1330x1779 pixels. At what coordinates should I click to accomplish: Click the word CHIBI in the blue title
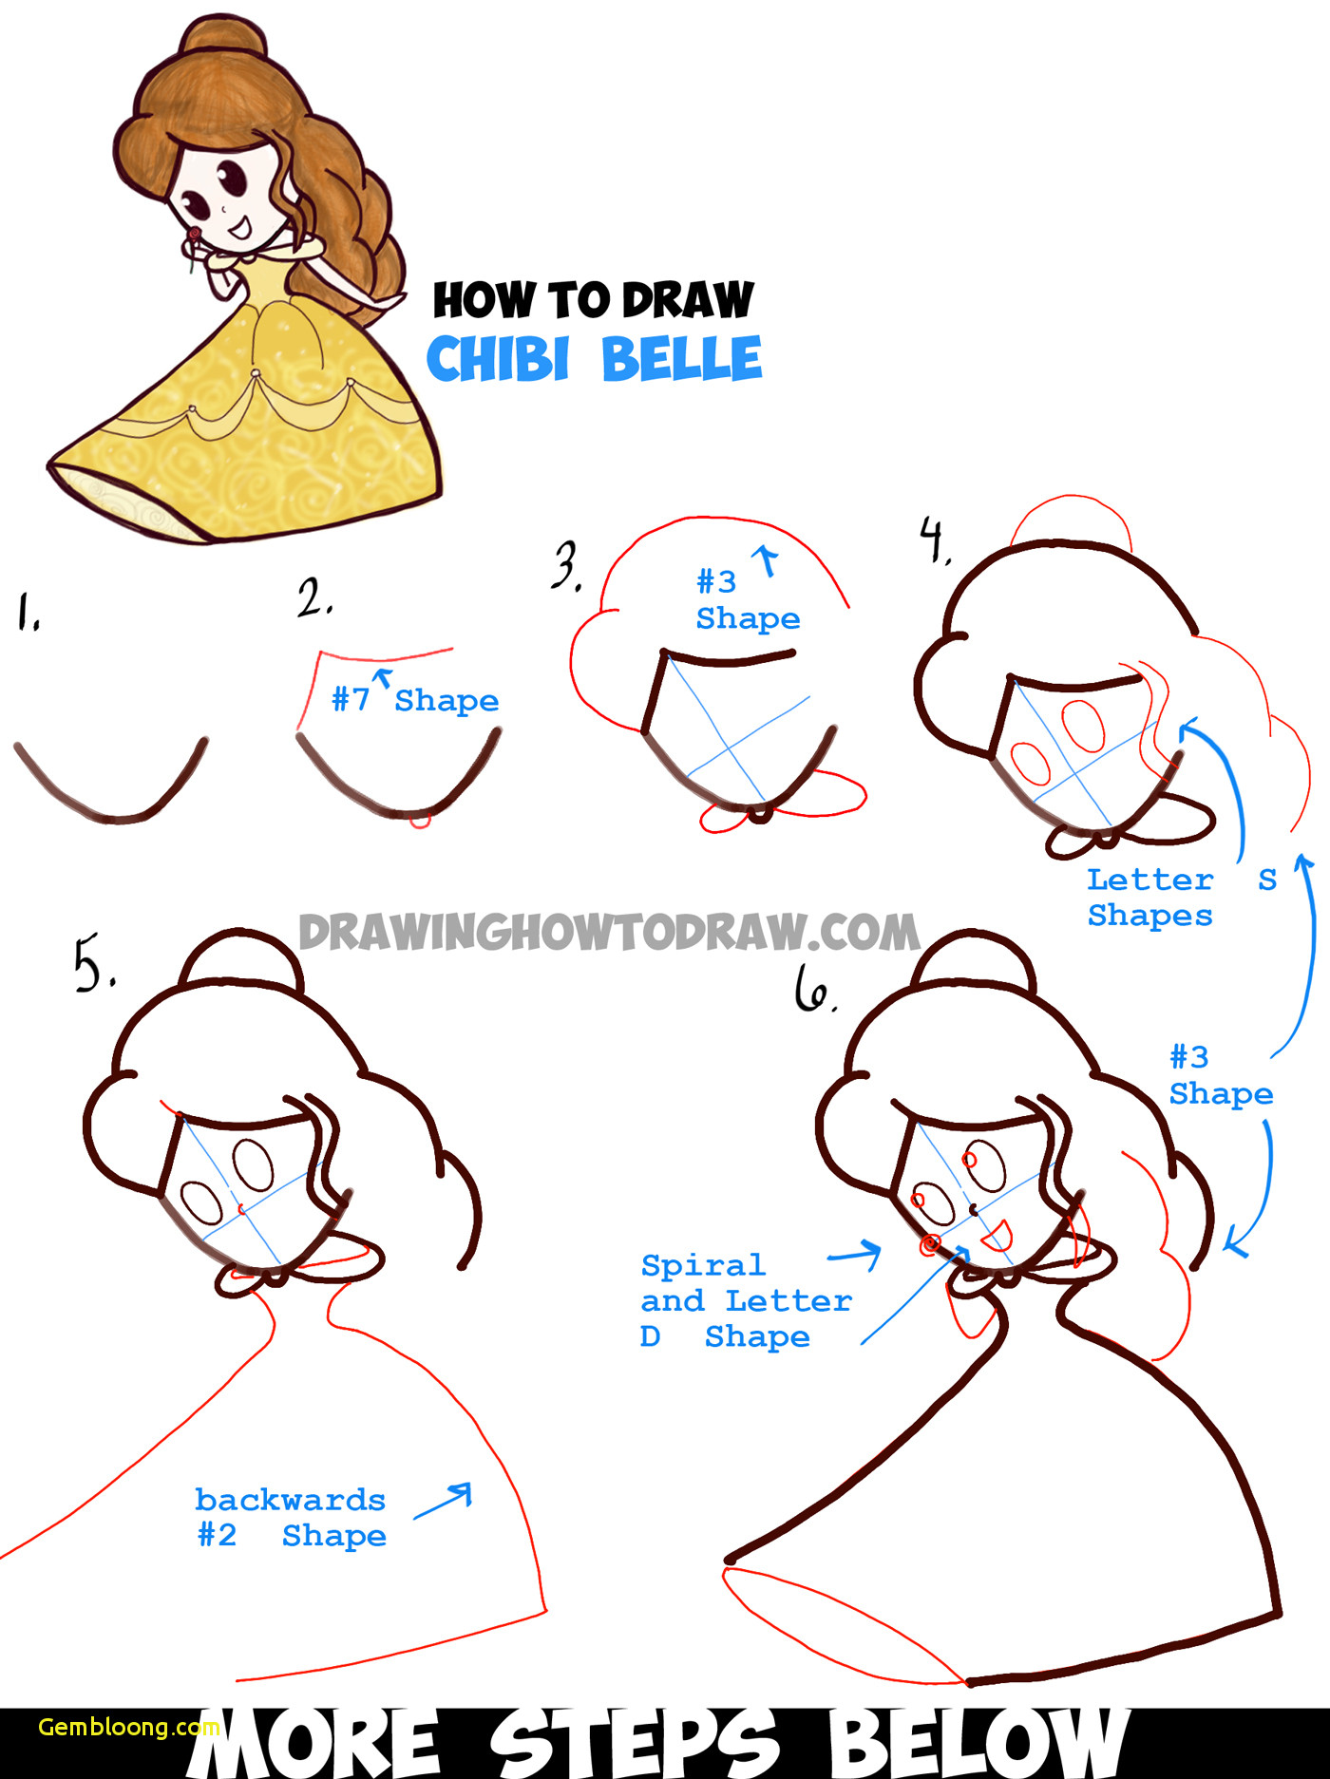pos(498,359)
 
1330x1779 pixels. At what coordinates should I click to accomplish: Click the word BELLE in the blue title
pos(681,359)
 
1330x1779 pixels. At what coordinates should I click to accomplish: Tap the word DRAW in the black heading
pos(688,300)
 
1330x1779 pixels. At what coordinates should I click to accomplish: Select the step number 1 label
pos(28,612)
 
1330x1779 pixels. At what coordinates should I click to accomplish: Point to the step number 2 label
pos(313,598)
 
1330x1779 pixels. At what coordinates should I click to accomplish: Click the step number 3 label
pos(567,567)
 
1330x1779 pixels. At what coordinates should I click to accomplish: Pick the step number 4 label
pos(935,540)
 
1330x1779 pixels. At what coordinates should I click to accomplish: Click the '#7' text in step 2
pos(350,700)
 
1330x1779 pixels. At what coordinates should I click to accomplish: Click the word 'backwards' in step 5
pos(290,1500)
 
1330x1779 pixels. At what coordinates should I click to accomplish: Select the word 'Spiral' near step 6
pos(702,1266)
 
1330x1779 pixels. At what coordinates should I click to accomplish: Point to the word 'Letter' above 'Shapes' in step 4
pos(1149,880)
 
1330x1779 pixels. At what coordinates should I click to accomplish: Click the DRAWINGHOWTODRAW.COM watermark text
pos(608,933)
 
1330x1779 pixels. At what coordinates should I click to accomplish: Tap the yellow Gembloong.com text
pos(128,1727)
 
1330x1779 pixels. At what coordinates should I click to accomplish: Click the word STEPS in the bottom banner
pos(634,1743)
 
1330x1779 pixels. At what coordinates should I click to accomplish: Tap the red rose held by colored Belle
pos(194,234)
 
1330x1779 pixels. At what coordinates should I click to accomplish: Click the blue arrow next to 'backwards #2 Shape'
pos(445,1500)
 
